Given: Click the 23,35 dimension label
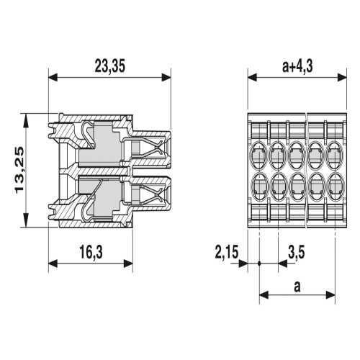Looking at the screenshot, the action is coord(110,66).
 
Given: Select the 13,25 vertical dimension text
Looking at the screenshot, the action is coord(19,170).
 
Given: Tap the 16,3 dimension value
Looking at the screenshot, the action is coord(91,252).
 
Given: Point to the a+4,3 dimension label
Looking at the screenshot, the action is coord(297,66).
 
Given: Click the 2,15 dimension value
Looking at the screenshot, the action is coord(227,252).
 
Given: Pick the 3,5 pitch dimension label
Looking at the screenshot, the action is coord(296,252).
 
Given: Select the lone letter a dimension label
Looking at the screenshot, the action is coord(297,287).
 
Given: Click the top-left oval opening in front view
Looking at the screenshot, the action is coord(258,155).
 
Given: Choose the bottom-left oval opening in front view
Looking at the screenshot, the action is coord(258,186).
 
